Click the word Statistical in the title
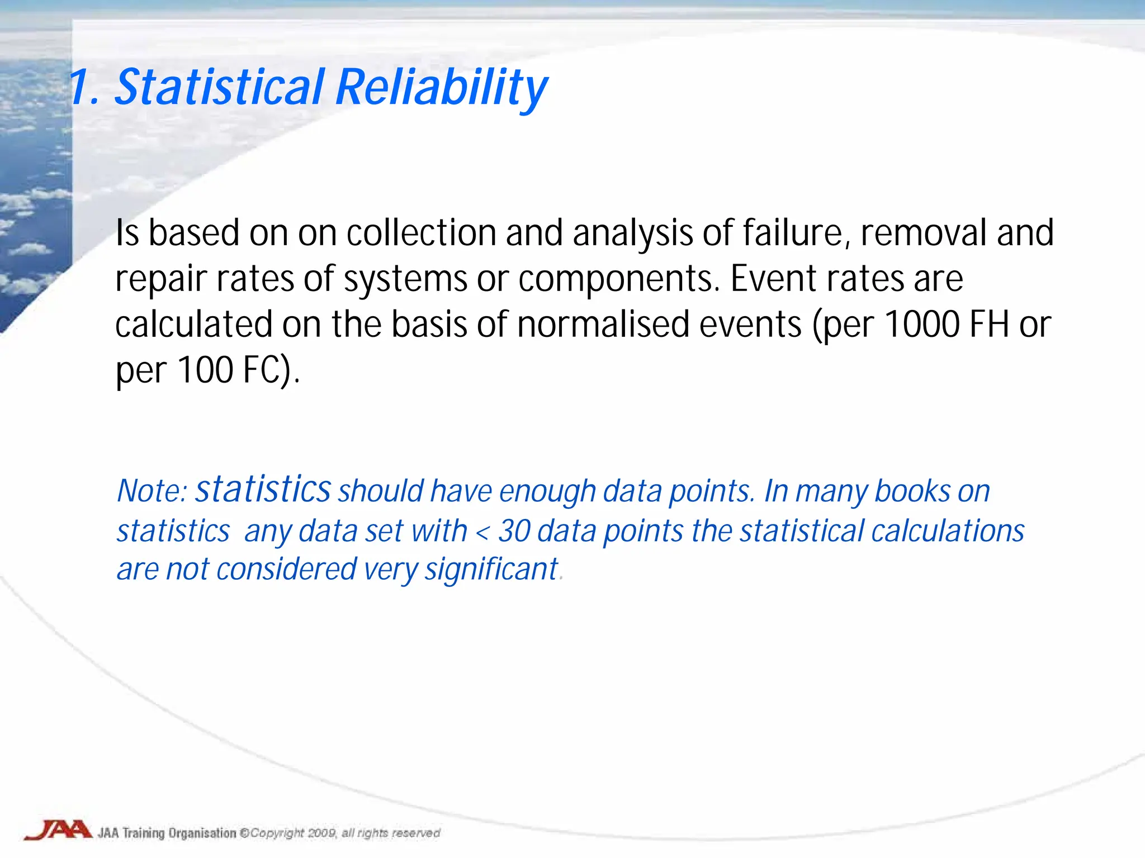219,87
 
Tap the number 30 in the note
514,531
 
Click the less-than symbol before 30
482,532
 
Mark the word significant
491,570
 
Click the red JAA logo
58,830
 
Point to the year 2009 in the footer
321,833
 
